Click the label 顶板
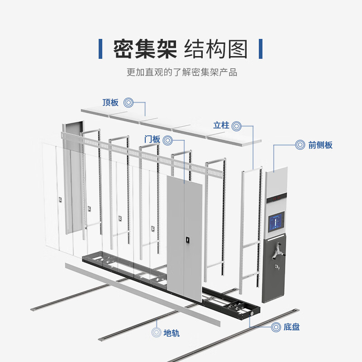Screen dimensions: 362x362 pyautogui.click(x=110, y=103)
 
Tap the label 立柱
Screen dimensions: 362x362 pyautogui.click(x=221, y=125)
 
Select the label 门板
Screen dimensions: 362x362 pyautogui.click(x=152, y=139)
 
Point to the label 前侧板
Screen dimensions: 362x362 pyautogui.click(x=320, y=145)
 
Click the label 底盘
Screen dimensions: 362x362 pyautogui.click(x=292, y=327)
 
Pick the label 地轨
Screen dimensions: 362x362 pyautogui.click(x=171, y=333)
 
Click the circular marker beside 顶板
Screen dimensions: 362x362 pyautogui.click(x=129, y=103)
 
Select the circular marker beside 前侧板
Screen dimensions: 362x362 pyautogui.click(x=300, y=145)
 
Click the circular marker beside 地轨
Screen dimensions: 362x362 pyautogui.click(x=156, y=333)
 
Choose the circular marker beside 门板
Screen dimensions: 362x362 pyautogui.click(x=167, y=139)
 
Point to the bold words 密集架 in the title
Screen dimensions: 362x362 pyautogui.click(x=144, y=48)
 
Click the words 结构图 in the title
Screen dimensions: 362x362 pyautogui.click(x=216, y=48)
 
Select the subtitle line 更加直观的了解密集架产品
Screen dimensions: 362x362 pyautogui.click(x=181, y=72)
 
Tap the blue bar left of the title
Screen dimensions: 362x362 pyautogui.click(x=100, y=48)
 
